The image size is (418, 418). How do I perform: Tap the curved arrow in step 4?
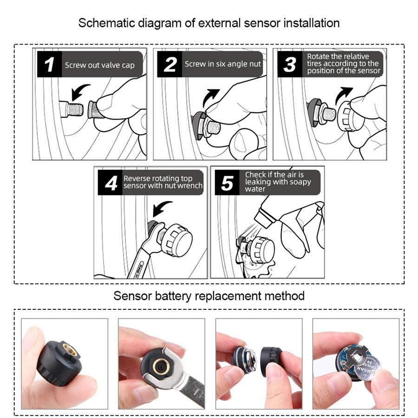162,208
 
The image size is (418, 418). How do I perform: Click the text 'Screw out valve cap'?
99,65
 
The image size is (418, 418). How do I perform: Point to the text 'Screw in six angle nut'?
223,64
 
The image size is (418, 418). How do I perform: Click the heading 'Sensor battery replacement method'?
209,296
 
